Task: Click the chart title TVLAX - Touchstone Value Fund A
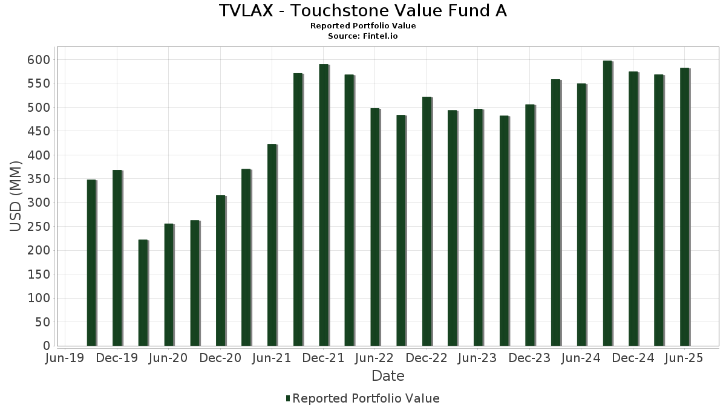point(363,11)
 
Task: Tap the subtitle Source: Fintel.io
point(363,36)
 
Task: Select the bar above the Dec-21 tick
point(324,206)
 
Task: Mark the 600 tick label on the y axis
point(38,60)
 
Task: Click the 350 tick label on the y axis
point(38,179)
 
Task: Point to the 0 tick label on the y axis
point(46,346)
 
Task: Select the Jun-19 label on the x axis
point(65,358)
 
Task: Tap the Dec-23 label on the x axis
point(529,358)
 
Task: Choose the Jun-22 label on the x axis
point(375,358)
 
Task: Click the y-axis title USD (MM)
point(16,196)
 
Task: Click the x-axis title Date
point(388,376)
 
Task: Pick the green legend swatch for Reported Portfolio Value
point(287,398)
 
